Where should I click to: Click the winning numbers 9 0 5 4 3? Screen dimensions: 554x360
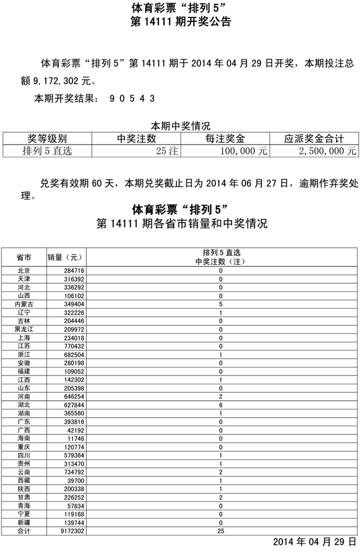coord(132,99)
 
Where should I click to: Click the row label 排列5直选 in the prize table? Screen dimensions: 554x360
coord(47,151)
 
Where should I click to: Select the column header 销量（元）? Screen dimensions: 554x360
coord(65,257)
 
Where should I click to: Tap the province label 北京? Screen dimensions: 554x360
coord(24,271)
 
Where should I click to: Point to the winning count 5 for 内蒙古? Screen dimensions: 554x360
coord(220,304)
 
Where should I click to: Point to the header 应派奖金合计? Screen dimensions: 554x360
coord(313,138)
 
